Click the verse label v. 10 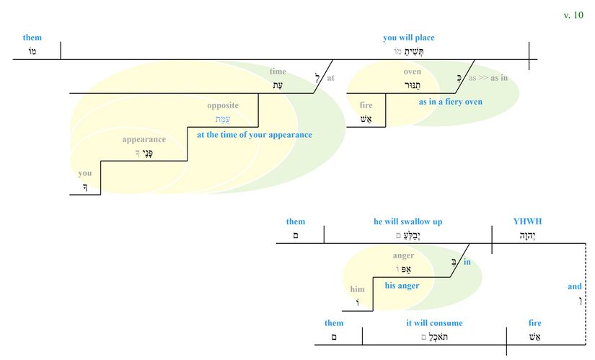pyautogui.click(x=573, y=15)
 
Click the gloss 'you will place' pyautogui.click(x=408, y=38)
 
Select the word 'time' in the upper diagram pyautogui.click(x=278, y=71)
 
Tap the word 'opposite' pyautogui.click(x=222, y=105)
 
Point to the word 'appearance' pyautogui.click(x=144, y=139)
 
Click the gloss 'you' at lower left pyautogui.click(x=85, y=173)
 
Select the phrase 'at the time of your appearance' pyautogui.click(x=254, y=134)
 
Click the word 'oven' pyautogui.click(x=412, y=71)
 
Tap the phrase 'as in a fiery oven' pyautogui.click(x=450, y=102)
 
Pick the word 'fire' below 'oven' pyautogui.click(x=366, y=105)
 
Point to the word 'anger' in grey pyautogui.click(x=403, y=255)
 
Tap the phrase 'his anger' pyautogui.click(x=402, y=286)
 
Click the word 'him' pyautogui.click(x=358, y=289)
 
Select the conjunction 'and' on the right pyautogui.click(x=574, y=286)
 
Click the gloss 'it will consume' pyautogui.click(x=434, y=323)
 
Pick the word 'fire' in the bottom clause pyautogui.click(x=534, y=323)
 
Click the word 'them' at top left pyautogui.click(x=32, y=38)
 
